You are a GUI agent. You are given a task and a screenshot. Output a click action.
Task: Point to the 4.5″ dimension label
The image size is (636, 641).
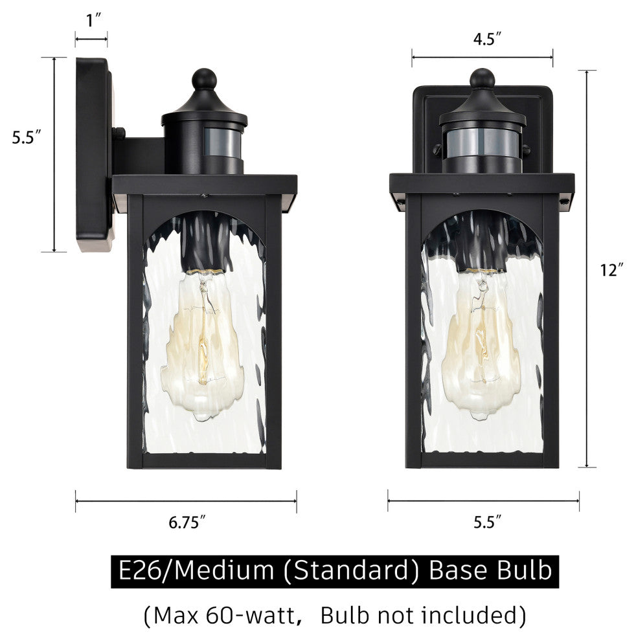coord(483,39)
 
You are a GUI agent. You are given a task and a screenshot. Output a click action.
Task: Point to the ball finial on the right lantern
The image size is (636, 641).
coord(483,78)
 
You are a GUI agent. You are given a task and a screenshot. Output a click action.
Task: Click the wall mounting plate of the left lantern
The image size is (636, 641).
coord(93,155)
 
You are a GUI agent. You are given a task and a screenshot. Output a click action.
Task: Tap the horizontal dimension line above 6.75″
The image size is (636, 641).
coord(186,500)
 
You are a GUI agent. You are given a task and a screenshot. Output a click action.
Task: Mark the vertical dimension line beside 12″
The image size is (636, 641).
coord(587,269)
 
